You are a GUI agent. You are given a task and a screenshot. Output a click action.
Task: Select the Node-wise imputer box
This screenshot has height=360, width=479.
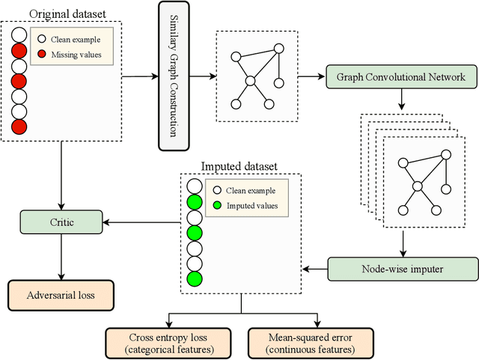pos(403,268)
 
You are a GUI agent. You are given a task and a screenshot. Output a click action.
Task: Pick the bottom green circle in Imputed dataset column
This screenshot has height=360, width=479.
pos(194,279)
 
